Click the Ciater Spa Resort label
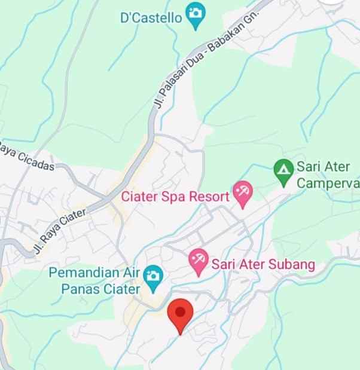[175, 197]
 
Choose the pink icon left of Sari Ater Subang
[198, 259]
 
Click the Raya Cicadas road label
[27, 157]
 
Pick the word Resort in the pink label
[210, 197]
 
